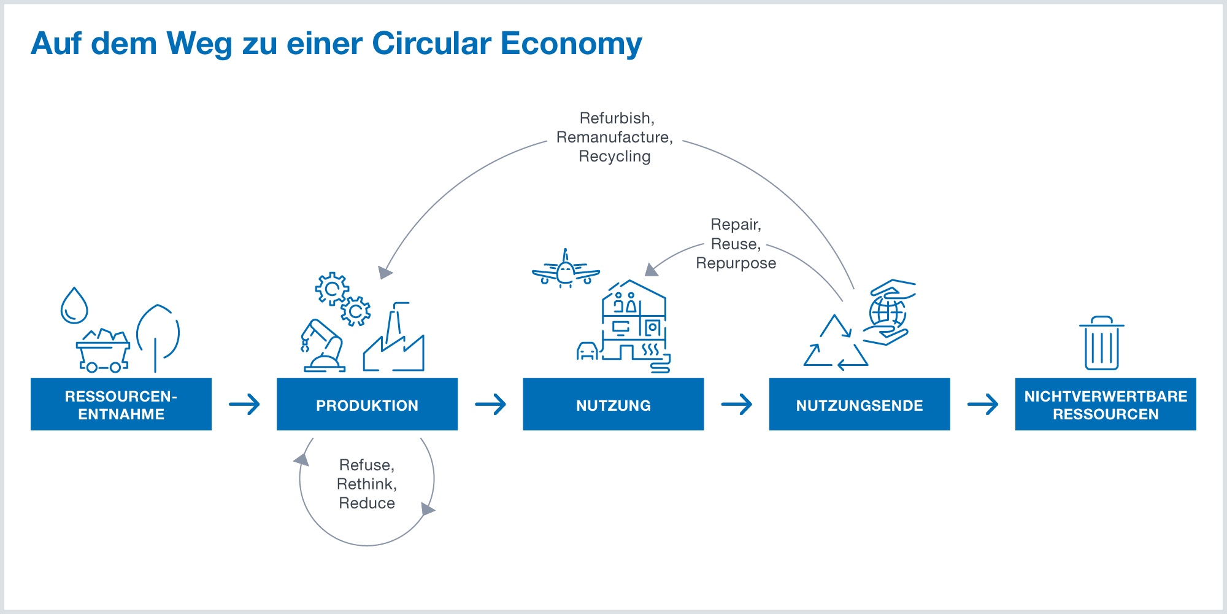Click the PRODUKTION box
[x=367, y=404]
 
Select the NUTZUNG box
[x=613, y=404]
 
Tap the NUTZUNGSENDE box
[x=859, y=404]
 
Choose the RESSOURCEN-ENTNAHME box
[x=121, y=404]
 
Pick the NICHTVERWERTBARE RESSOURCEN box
[x=1106, y=404]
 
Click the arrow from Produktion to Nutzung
[x=490, y=404]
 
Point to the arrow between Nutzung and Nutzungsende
[x=736, y=404]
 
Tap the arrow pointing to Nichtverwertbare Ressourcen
[x=982, y=404]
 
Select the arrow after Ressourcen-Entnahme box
[x=244, y=404]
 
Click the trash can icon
[x=1102, y=344]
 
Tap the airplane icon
[x=566, y=270]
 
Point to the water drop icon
[x=74, y=306]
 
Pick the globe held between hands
[x=888, y=312]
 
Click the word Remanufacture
[x=614, y=137]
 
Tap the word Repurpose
[x=736, y=263]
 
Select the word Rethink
[x=366, y=484]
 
